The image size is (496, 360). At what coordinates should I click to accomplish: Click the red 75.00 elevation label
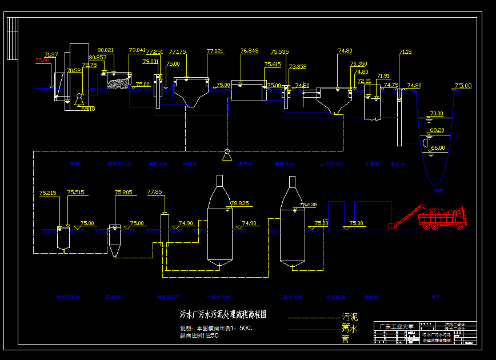tap(42, 60)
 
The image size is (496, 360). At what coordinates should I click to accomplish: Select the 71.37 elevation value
tap(51, 55)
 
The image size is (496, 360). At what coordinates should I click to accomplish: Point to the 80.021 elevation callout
tap(106, 50)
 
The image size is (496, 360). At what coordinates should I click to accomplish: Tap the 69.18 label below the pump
tap(88, 109)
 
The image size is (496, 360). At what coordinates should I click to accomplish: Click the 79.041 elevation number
tap(137, 50)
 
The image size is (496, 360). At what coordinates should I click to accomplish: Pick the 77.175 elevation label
tap(177, 51)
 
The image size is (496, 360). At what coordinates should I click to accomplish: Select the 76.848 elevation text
tap(249, 51)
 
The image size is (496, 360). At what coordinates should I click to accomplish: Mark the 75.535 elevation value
tap(279, 51)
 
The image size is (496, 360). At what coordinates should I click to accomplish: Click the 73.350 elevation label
tap(358, 64)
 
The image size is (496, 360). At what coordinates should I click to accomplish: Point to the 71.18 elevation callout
tap(405, 52)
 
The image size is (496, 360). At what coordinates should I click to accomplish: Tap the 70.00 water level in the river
tap(437, 114)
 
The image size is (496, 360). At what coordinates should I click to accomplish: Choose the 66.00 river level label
tap(437, 148)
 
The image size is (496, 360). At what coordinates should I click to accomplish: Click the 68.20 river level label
tap(437, 130)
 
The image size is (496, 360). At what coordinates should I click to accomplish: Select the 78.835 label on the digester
tap(239, 203)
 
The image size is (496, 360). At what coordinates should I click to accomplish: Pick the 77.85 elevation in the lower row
tap(155, 192)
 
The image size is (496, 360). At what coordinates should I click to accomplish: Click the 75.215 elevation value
tap(48, 193)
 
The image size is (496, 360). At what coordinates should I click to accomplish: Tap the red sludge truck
tap(443, 218)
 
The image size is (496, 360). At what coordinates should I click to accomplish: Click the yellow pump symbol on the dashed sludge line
tap(227, 155)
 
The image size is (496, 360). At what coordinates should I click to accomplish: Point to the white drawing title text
tap(223, 314)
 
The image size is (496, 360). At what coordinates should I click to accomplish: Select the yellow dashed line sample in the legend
tap(313, 317)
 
